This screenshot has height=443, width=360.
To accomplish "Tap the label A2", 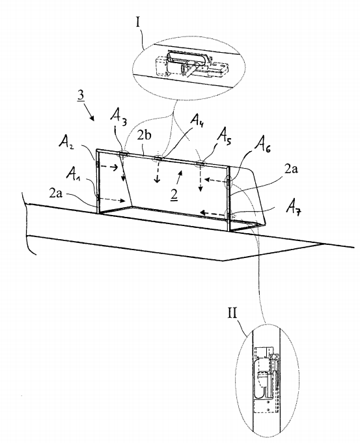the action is (66, 141).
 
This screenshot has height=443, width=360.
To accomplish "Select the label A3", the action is (118, 115).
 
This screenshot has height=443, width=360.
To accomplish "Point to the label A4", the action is (198, 120).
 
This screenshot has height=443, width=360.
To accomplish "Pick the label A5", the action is (224, 136).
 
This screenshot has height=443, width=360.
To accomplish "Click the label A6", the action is (262, 145).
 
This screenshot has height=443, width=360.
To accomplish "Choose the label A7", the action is (294, 208).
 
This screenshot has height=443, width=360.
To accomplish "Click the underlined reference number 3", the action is (81, 96).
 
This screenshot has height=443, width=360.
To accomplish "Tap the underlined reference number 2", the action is (174, 195).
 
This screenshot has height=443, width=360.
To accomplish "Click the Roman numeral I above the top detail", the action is (138, 21).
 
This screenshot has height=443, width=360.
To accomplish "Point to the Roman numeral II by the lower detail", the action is (232, 313).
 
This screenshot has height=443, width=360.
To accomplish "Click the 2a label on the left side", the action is (56, 193).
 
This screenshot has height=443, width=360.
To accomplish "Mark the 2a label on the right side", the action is (291, 169).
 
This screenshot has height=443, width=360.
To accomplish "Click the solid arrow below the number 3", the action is (90, 113).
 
